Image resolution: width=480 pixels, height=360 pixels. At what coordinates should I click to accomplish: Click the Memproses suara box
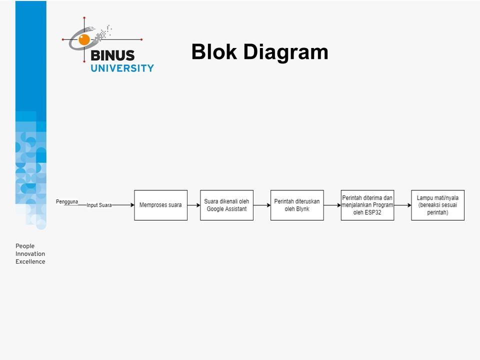pos(160,205)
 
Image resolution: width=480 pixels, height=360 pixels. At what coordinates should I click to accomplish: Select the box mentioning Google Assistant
pos(226,205)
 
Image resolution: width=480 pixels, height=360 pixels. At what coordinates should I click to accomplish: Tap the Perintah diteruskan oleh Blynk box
pos(297,205)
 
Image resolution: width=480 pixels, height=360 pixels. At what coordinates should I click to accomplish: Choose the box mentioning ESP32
pos(367,205)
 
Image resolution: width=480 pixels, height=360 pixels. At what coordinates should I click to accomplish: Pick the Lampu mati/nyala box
pos(437,205)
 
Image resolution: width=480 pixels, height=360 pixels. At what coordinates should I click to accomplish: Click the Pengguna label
pos(66,201)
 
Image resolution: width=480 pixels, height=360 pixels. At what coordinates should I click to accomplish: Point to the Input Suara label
pos(99,205)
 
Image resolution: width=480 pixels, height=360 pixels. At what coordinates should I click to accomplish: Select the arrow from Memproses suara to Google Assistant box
pos(193,205)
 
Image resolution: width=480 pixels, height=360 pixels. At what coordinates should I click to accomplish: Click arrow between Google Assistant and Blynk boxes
pos(261,205)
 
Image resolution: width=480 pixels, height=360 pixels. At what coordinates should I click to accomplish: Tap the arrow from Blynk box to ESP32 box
pos(332,205)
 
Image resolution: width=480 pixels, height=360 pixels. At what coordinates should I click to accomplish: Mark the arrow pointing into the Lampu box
pos(402,205)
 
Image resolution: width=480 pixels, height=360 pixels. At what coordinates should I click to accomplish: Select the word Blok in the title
pos(214,52)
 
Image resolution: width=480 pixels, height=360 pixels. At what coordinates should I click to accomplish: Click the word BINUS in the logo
pos(112,55)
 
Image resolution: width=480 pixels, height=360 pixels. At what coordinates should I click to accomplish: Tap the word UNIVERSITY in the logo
pos(122,68)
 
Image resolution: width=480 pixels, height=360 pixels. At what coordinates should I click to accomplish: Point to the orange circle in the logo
pos(84,39)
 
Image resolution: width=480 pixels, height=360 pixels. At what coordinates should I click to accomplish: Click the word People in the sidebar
pos(25,246)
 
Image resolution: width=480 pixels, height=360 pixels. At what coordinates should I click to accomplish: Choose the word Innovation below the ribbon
pos(30,254)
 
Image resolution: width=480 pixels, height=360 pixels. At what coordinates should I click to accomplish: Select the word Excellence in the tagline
pos(30,261)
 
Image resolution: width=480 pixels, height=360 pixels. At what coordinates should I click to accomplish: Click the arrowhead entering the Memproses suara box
pos(131,205)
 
